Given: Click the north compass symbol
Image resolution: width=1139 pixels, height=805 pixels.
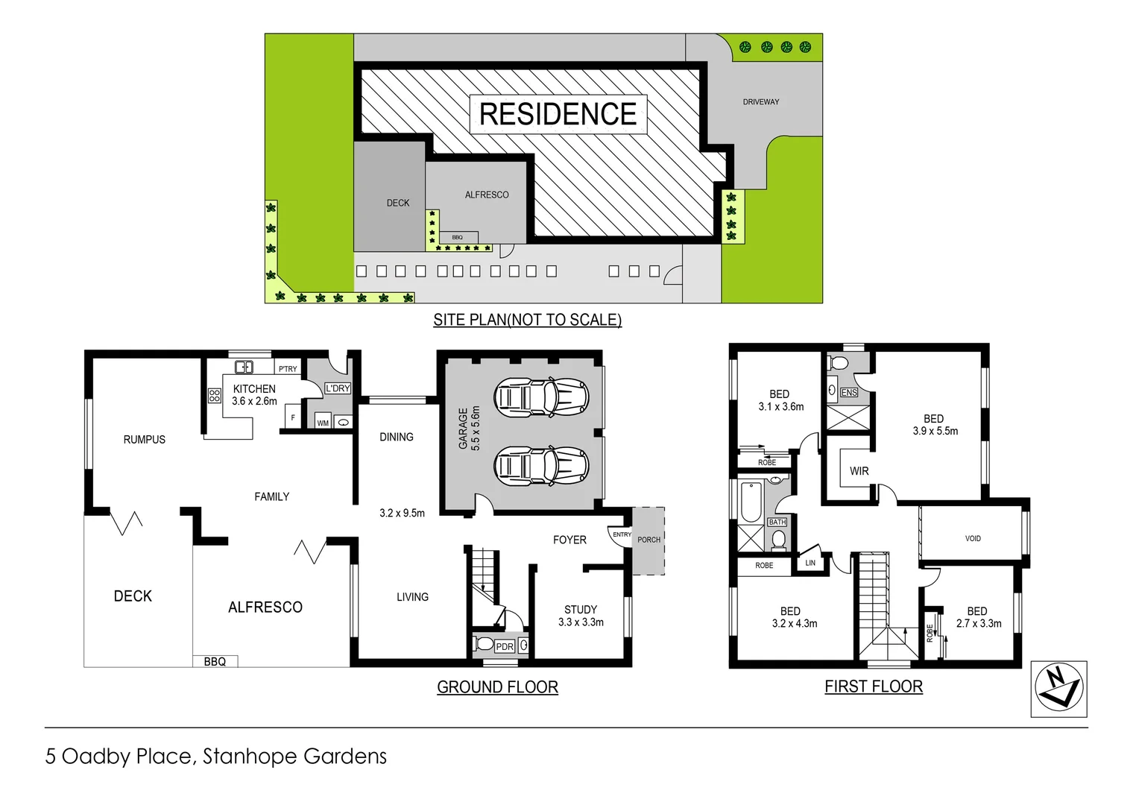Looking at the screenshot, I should click(x=1058, y=689).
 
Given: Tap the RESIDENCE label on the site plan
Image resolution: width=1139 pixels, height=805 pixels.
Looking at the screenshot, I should click(x=558, y=114).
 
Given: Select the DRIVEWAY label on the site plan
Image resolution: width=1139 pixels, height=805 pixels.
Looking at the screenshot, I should click(x=760, y=102).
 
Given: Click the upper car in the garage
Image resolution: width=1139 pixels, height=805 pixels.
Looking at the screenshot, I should click(x=541, y=396).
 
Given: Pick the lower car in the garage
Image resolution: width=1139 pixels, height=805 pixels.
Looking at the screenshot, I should click(x=541, y=465).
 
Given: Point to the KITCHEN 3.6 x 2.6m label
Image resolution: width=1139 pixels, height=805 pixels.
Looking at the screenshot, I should click(x=254, y=395).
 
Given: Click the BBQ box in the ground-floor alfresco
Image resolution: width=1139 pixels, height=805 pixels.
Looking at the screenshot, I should click(x=215, y=661).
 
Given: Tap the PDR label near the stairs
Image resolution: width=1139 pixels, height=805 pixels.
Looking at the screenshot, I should click(x=505, y=646).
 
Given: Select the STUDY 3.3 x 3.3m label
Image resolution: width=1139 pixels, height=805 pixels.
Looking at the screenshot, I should click(x=581, y=616).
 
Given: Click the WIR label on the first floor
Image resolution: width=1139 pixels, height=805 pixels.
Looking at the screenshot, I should click(x=859, y=471).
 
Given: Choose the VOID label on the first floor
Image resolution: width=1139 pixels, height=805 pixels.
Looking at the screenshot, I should click(x=973, y=538).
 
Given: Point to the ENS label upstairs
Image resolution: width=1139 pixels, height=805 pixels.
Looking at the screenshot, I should click(x=848, y=393).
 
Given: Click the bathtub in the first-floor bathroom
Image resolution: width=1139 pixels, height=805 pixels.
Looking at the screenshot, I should click(x=751, y=502).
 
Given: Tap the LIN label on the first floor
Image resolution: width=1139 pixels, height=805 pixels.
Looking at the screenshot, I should click(x=810, y=563).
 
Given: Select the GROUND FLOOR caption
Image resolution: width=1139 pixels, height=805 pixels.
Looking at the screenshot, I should click(x=497, y=687).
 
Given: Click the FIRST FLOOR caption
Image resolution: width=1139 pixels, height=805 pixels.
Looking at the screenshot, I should click(x=874, y=686).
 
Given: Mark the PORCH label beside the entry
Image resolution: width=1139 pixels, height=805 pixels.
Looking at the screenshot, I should click(x=649, y=540).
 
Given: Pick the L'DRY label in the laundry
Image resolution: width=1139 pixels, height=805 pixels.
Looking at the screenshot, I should click(x=338, y=388).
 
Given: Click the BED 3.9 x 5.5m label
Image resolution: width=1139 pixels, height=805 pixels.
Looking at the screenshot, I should click(x=935, y=425).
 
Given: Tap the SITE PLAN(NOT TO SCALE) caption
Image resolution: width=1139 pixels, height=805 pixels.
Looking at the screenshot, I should click(x=527, y=320).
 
